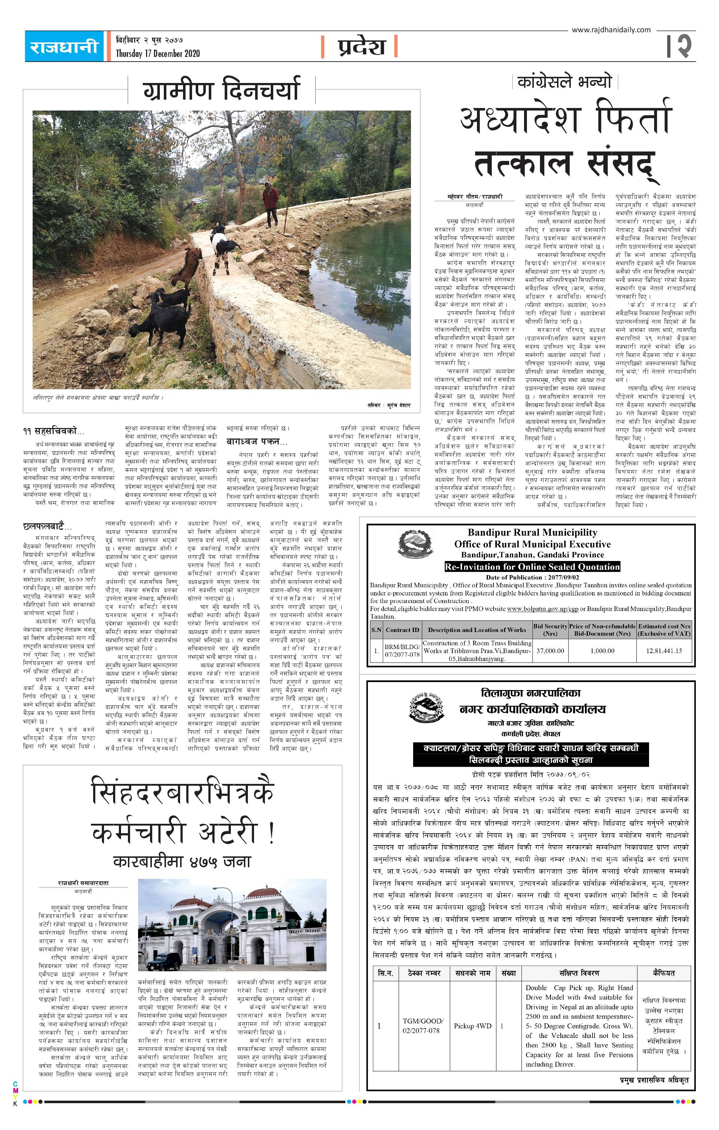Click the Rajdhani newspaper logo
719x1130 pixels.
click(x=64, y=46)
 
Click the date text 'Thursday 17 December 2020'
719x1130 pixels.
click(x=158, y=54)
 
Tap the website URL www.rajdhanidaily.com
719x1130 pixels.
click(x=611, y=30)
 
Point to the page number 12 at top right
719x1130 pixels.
click(x=679, y=46)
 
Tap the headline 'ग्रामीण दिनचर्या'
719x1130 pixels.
click(x=221, y=89)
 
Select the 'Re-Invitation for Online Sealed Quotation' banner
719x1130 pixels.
click(x=532, y=566)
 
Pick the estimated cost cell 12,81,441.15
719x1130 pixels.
click(x=664, y=651)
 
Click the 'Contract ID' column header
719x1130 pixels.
click(x=402, y=630)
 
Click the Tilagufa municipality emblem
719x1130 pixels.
click(x=427, y=707)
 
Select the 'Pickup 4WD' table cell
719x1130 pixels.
click(x=472, y=1026)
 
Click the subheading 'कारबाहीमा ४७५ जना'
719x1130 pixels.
click(x=182, y=861)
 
